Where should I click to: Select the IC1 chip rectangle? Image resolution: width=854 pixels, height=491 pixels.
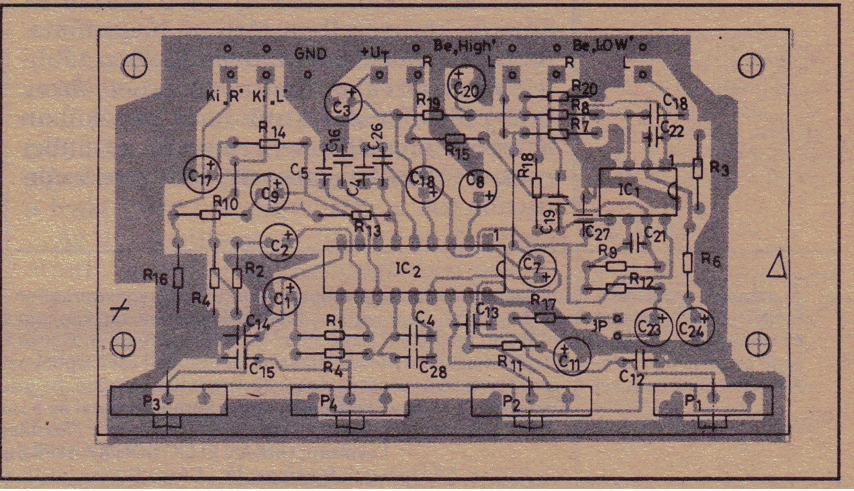click(637, 191)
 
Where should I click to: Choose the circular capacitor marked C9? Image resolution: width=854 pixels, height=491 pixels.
click(270, 193)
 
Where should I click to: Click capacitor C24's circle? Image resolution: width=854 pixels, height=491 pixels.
click(696, 326)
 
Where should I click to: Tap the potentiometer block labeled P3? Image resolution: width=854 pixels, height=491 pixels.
click(169, 401)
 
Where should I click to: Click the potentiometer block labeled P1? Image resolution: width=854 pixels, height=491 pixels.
click(712, 401)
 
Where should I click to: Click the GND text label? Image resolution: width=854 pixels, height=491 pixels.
click(312, 54)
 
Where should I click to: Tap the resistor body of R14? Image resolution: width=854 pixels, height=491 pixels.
click(270, 143)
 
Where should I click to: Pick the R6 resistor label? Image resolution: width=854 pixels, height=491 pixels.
click(710, 260)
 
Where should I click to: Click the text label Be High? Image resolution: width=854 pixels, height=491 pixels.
click(465, 47)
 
